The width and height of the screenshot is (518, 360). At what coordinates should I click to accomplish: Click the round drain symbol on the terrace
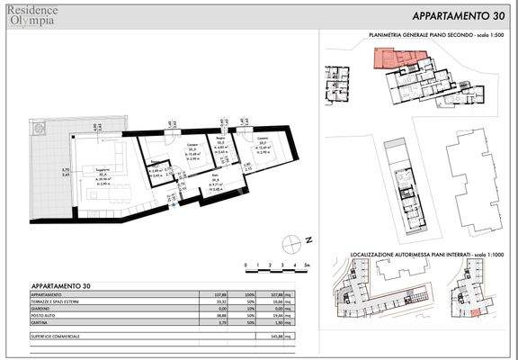(38, 132)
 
